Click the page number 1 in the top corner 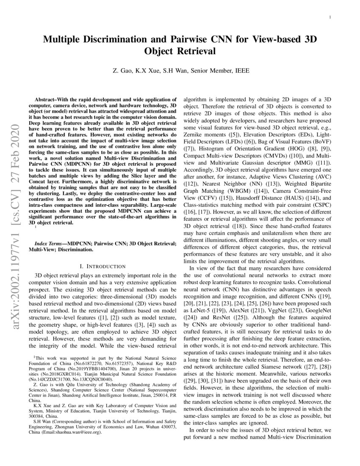click(330, 17)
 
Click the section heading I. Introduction click(103, 266)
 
